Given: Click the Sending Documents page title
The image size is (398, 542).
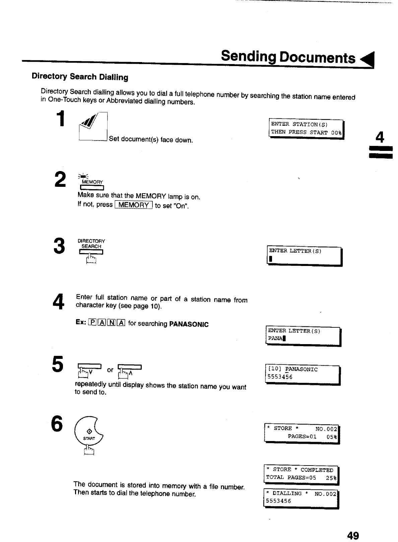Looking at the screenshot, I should coord(288,57).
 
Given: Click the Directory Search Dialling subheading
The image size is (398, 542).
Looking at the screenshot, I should coord(80,77).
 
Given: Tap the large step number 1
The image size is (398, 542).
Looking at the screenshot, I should coord(60,120).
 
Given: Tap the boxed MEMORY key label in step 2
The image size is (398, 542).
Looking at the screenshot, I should coord(134,205).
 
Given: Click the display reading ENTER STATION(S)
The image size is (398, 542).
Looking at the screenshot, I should coord(306,128).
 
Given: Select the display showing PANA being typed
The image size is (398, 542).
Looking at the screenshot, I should coord(303,335).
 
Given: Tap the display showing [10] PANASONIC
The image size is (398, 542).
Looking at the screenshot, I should coord(302,374).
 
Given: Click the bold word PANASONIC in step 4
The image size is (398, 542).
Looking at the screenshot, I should coord(189,324).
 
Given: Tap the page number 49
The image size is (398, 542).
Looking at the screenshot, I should coord(353,535).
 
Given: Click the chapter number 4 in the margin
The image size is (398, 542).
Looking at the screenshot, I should coord(380,137).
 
